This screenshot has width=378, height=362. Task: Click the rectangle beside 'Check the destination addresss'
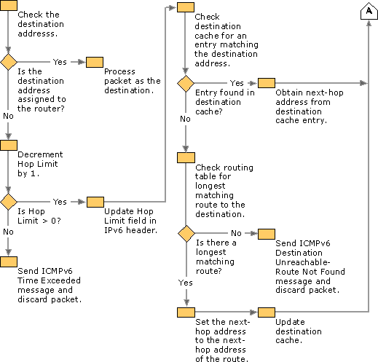[x=9, y=7]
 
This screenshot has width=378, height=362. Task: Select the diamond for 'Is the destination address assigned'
[x=9, y=62]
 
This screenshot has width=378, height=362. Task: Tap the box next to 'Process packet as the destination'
[x=95, y=62]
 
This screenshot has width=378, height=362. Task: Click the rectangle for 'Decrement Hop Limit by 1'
[x=9, y=145]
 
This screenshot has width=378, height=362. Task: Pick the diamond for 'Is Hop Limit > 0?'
[x=9, y=202]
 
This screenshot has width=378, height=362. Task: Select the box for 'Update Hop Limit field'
[x=95, y=202]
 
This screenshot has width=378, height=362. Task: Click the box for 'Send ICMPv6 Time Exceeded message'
[x=9, y=261]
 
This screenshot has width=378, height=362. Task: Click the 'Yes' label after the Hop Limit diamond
[x=60, y=202]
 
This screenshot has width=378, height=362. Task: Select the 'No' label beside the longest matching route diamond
[x=236, y=233]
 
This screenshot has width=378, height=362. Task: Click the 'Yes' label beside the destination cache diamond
[x=237, y=83]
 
